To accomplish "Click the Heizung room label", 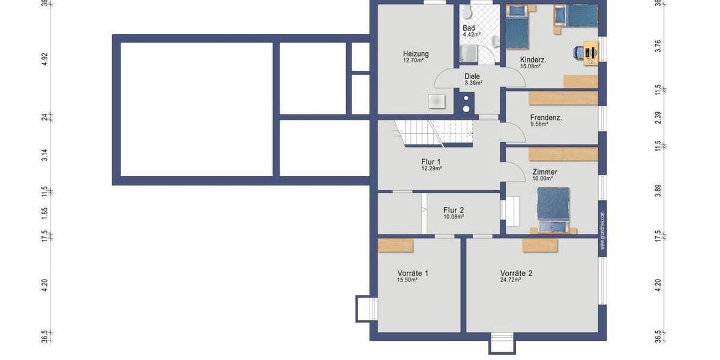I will point(416,54).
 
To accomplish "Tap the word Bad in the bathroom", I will point(469,28).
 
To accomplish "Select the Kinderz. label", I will point(533,59).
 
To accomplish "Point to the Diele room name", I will point(472,76).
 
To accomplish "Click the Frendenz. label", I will point(545,118).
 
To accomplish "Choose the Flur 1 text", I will point(431,162).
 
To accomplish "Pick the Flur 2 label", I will point(453,210).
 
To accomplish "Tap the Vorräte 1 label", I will point(412,274).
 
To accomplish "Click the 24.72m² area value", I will point(510,280).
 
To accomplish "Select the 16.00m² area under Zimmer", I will point(542,178).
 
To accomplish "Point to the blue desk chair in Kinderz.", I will point(577,53).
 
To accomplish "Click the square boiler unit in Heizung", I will point(436,100).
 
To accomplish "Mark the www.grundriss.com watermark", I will point(602,230).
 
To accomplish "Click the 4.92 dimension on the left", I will point(45,59).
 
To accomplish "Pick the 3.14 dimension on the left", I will point(45,155).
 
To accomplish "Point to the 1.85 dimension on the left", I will point(45,212).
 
